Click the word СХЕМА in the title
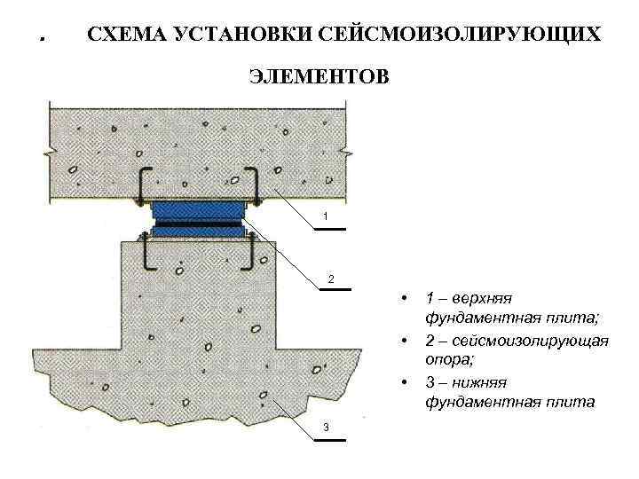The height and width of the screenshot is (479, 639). pos(123,35)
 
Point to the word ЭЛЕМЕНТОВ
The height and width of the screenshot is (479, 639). pos(318,77)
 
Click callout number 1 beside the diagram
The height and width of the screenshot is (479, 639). pos(327,217)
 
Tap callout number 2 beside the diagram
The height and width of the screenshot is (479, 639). pos(331,280)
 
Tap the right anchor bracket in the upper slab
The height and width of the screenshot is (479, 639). pos(253,184)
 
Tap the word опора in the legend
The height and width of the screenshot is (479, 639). pos(448,359)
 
